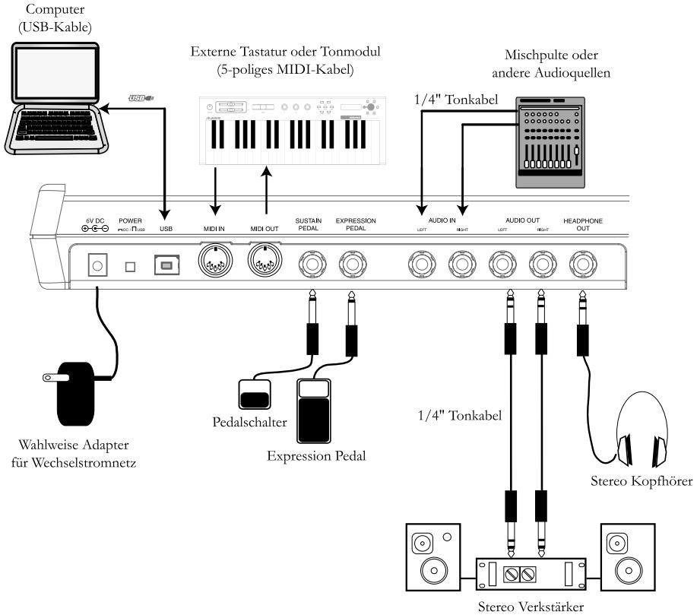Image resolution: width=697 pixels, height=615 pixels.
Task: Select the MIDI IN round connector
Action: point(215,263)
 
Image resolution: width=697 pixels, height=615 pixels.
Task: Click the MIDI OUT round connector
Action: point(265,263)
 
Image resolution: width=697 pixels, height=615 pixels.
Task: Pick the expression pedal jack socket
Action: point(351,264)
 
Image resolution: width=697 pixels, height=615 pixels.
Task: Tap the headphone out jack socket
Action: point(582,264)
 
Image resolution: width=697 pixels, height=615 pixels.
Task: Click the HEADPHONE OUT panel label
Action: point(582,224)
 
